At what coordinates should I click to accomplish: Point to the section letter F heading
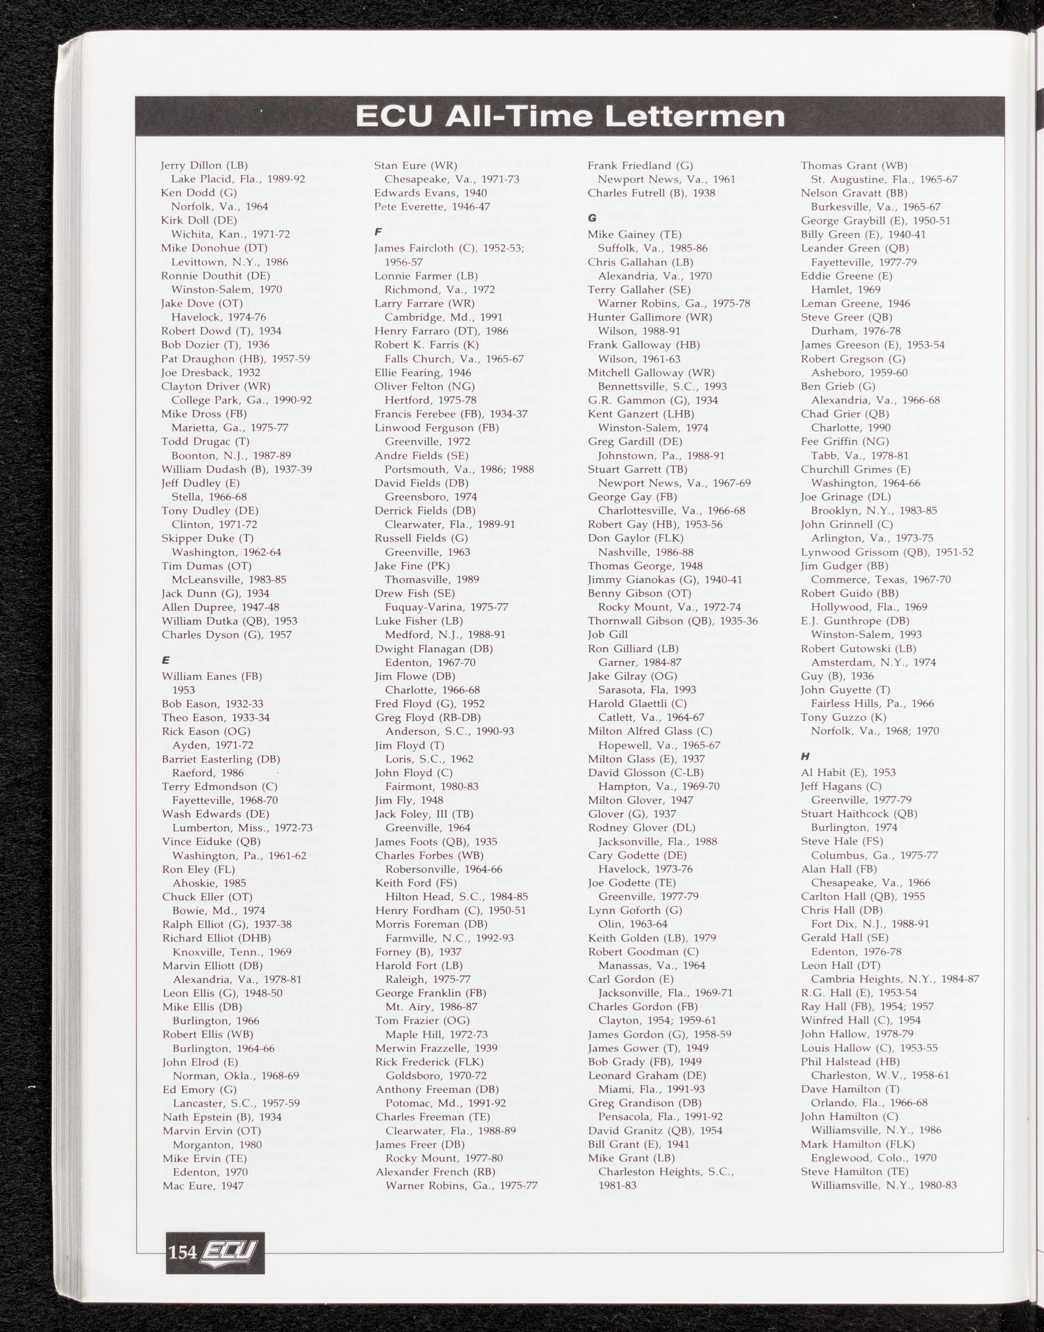378,232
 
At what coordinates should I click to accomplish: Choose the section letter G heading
591,218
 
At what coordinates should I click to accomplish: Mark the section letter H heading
805,756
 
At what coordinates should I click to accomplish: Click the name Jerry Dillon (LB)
204,165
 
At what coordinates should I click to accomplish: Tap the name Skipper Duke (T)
207,538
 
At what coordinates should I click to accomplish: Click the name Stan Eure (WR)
416,165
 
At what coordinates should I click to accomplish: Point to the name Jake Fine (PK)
412,566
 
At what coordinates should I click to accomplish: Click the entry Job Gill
608,634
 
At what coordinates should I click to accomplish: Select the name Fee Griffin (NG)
845,441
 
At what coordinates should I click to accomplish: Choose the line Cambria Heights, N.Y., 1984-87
895,979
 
